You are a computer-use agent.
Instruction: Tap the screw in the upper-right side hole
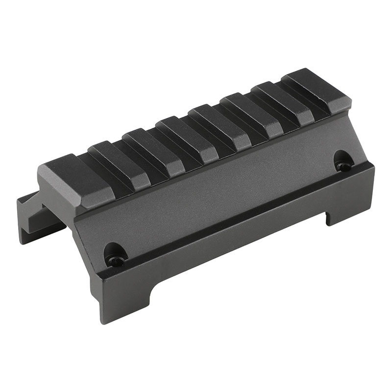pyautogui.click(x=344, y=166)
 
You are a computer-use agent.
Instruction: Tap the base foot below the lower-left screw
pyautogui.click(x=122, y=299)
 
